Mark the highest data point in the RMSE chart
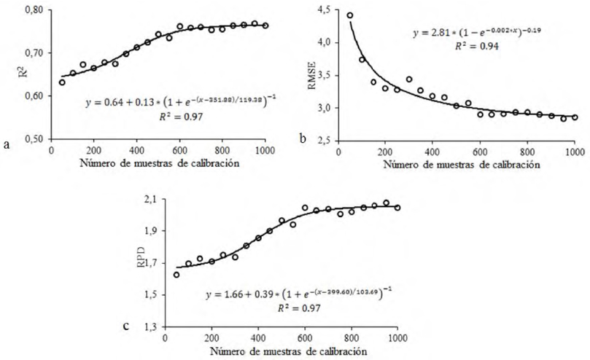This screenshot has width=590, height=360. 349,15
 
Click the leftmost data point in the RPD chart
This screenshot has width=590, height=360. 176,275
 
